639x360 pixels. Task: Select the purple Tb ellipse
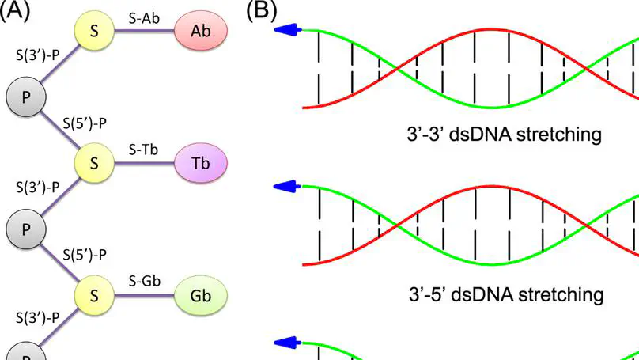point(199,162)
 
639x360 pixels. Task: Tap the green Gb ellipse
point(199,294)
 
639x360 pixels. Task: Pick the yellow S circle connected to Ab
point(94,31)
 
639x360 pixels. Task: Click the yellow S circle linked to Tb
point(94,163)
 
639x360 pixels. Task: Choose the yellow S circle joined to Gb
point(94,295)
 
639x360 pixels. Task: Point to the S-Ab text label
point(146,16)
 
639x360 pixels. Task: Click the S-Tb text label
point(145,148)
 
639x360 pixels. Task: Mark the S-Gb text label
point(146,280)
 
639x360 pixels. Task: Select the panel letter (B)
point(263,10)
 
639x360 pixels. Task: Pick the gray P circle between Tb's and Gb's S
point(25,229)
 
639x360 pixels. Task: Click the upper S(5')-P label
point(85,123)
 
